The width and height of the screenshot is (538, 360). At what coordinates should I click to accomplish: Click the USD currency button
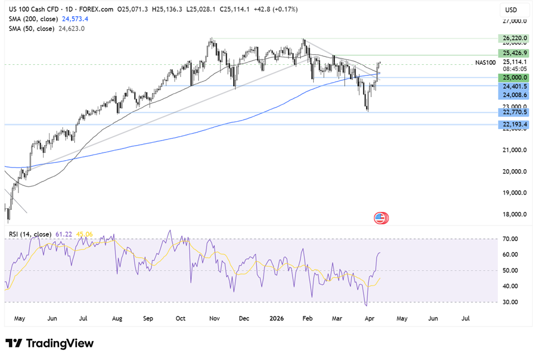(511, 9)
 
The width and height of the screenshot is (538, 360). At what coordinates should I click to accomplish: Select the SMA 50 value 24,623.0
(68, 28)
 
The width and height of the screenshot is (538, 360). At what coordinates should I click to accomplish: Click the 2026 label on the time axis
(276, 318)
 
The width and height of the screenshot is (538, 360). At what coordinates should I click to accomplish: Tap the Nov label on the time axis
(214, 318)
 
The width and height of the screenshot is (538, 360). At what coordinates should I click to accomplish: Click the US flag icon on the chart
(381, 218)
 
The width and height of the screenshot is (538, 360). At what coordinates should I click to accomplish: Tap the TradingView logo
(50, 343)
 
